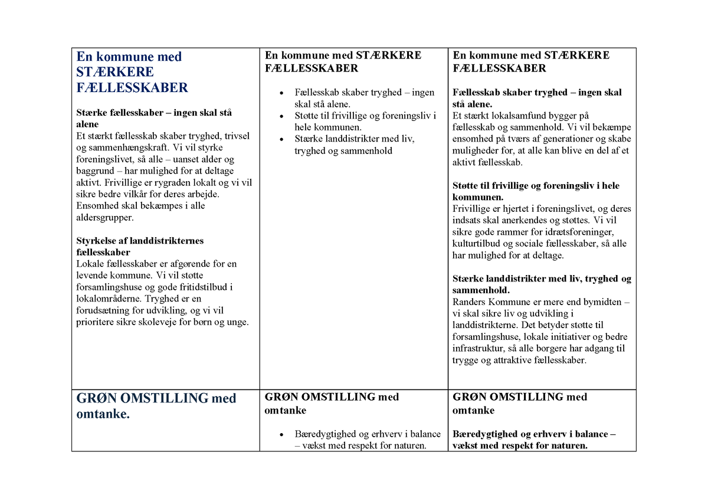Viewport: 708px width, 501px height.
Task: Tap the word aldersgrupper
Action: (x=105, y=217)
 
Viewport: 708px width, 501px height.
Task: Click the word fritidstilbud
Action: (x=186, y=287)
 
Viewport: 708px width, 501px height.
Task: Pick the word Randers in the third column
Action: (x=468, y=302)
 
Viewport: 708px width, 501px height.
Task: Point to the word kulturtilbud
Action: (x=476, y=244)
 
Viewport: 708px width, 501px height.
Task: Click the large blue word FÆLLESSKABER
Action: (x=132, y=88)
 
